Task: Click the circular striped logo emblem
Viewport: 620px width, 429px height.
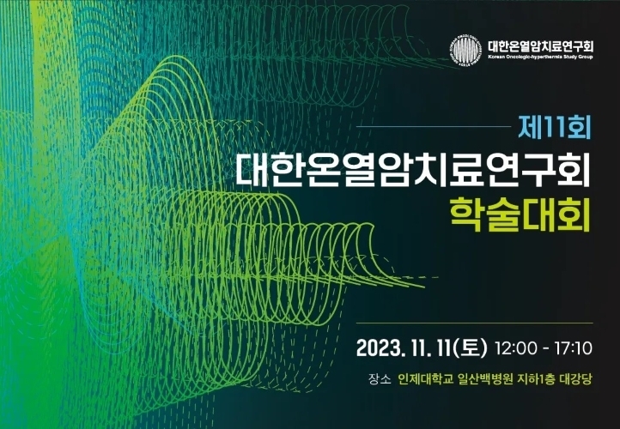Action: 465,50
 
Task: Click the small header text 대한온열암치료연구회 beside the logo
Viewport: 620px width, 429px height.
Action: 540,46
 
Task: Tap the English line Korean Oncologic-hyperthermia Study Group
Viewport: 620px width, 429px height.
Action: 540,57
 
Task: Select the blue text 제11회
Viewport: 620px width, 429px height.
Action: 555,127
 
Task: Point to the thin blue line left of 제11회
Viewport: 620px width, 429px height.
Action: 434,127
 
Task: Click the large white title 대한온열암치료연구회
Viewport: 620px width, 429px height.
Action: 413,170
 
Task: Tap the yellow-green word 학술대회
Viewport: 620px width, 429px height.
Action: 520,214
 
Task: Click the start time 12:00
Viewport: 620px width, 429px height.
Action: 516,348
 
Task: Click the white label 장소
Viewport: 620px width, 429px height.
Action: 380,379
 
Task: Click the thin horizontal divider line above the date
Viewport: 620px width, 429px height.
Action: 475,323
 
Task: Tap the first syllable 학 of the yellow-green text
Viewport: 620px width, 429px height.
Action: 466,214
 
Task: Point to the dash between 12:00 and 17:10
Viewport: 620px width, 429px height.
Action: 545,349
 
